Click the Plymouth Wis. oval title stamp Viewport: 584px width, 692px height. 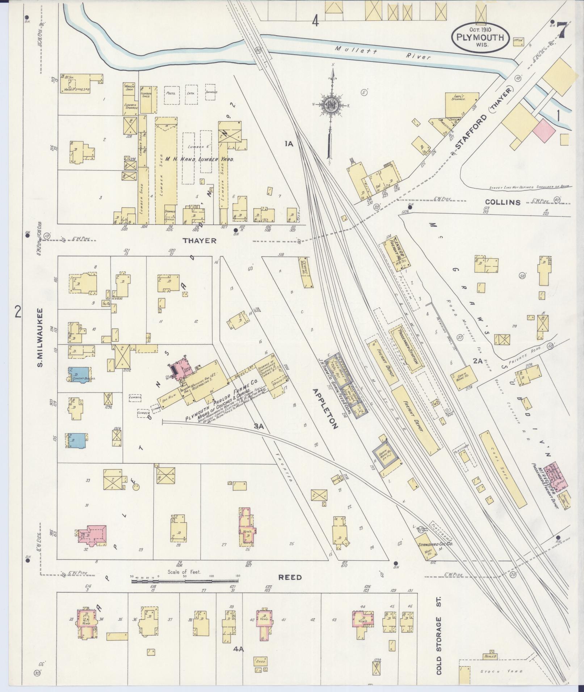(480, 37)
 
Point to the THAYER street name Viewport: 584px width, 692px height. (199, 241)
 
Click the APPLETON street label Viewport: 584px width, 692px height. (325, 408)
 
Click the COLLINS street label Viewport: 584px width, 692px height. (503, 202)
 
